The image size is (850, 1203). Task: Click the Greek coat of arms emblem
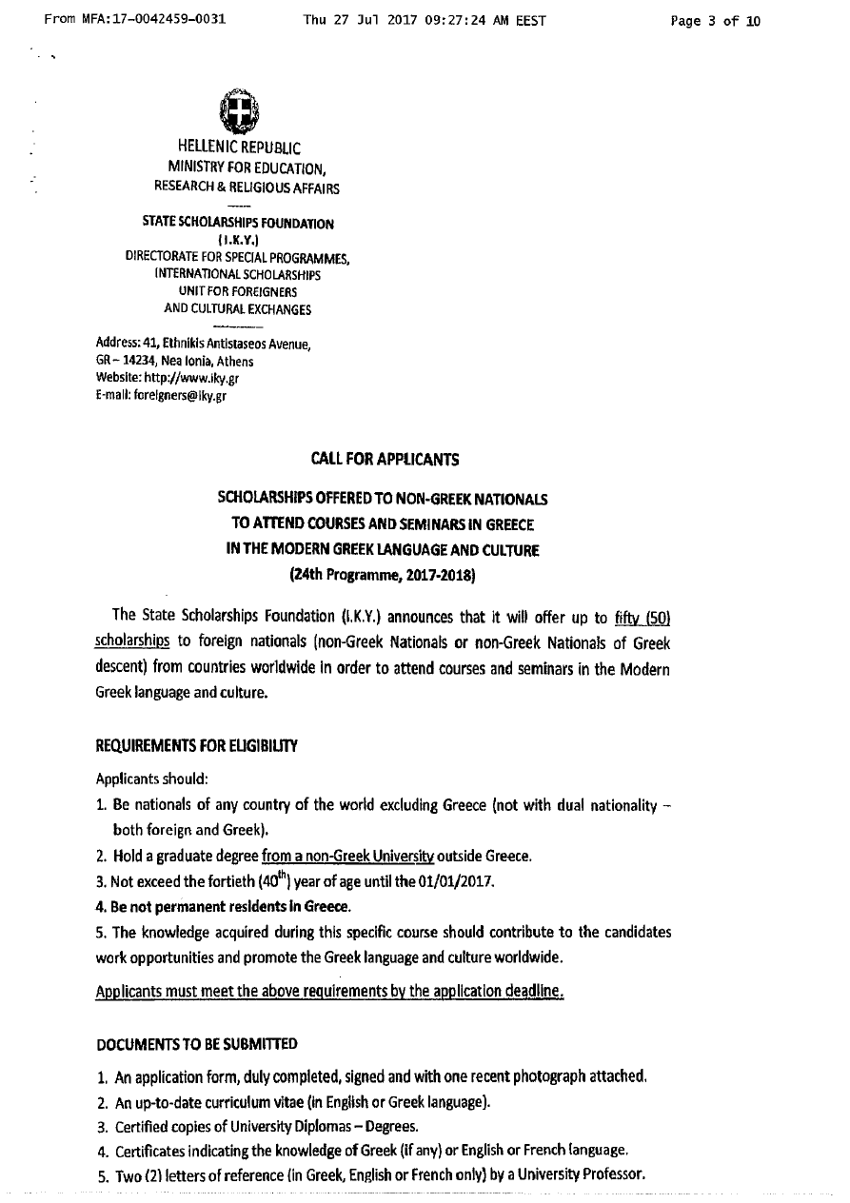pyautogui.click(x=235, y=112)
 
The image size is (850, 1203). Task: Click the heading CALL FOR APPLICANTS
pyautogui.click(x=385, y=460)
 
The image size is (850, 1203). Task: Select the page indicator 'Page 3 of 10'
pyautogui.click(x=716, y=20)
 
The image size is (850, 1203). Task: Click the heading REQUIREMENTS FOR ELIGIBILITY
pyautogui.click(x=197, y=746)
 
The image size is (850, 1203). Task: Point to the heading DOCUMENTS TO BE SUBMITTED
pyautogui.click(x=197, y=1044)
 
